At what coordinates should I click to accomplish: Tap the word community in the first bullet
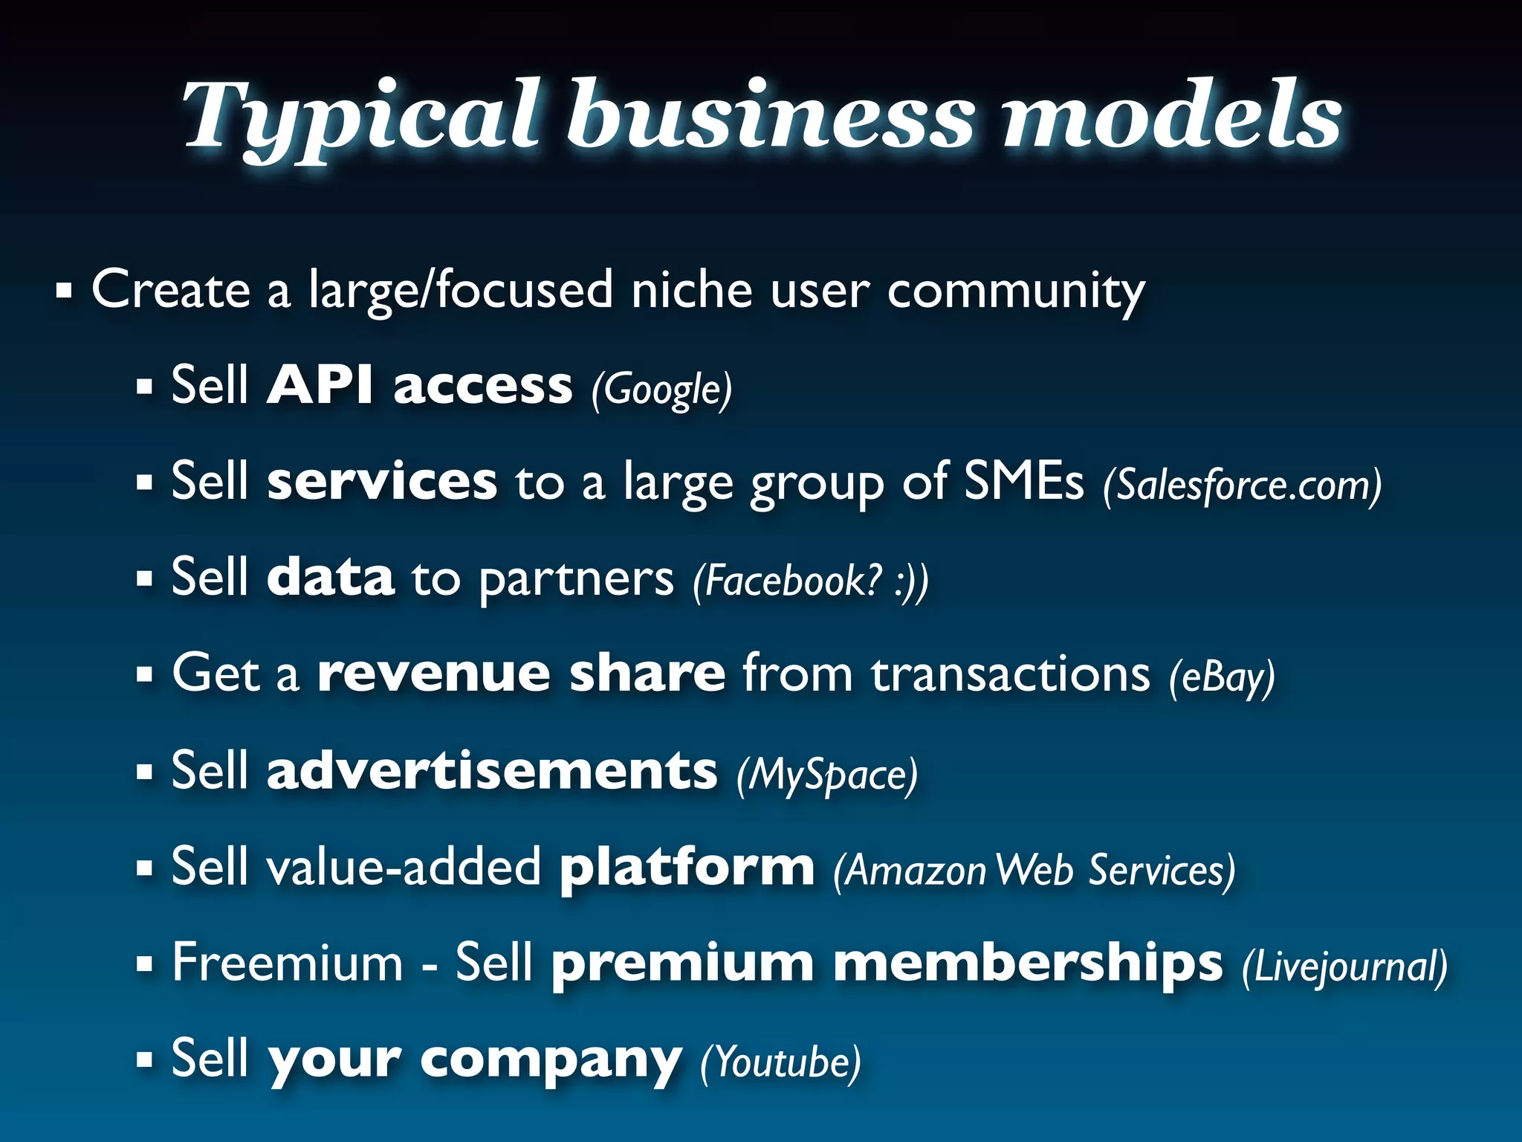coord(1015,291)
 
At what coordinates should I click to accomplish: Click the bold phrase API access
coord(419,385)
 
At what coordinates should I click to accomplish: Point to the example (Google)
coord(661,389)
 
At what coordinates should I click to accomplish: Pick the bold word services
coord(382,481)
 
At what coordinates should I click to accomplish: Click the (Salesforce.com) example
coord(1242,485)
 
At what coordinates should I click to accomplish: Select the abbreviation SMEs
coord(1023,481)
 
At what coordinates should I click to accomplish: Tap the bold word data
coord(330,577)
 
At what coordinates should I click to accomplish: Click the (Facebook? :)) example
coord(810,581)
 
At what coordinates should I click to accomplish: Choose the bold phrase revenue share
coord(521,673)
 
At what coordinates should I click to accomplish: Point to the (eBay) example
coord(1222,677)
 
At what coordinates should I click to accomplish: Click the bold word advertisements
coord(492,770)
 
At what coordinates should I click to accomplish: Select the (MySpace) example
coord(826,774)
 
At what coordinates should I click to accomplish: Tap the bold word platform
coord(687,866)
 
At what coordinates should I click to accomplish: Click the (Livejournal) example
coord(1344,966)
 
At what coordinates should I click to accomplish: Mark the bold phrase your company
coord(474,1059)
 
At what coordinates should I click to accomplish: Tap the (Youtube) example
coord(780,1062)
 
